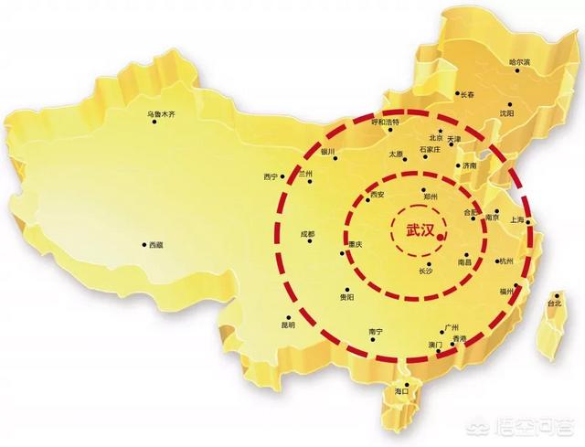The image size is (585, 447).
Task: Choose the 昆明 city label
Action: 289,325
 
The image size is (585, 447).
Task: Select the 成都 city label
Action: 307,235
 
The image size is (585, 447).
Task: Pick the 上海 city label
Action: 516,221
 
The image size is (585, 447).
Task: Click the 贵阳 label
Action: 346,296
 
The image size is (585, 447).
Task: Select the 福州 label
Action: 507,290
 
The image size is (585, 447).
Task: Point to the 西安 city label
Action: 388,195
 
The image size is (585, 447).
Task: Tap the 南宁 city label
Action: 373,331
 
